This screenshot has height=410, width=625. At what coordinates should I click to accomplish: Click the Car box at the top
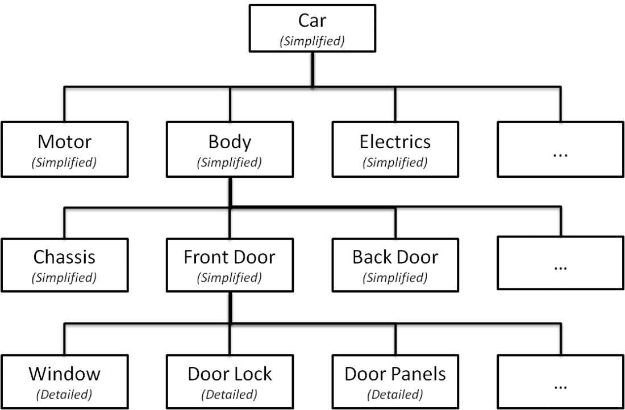tap(312, 28)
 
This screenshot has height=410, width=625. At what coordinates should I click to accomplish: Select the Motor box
tap(64, 149)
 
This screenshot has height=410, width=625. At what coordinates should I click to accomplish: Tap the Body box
tap(230, 149)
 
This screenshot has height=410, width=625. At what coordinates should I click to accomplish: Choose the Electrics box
tap(395, 149)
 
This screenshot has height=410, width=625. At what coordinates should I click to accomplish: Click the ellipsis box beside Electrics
tap(560, 149)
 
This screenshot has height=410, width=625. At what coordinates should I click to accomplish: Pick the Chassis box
tap(64, 265)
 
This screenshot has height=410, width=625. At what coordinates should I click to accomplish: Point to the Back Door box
tap(395, 265)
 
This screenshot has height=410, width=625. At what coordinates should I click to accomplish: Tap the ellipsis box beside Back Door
tap(560, 265)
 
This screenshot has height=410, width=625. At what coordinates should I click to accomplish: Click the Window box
tap(64, 380)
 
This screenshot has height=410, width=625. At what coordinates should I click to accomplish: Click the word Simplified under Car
tap(312, 41)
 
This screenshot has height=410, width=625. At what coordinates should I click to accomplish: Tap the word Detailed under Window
tap(64, 394)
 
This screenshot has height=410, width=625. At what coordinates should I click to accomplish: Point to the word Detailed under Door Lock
tap(230, 394)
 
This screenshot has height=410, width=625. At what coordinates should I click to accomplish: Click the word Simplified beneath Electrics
tap(395, 162)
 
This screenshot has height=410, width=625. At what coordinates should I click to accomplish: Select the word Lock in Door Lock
tap(251, 374)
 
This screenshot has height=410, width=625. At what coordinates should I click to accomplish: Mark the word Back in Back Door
tap(372, 257)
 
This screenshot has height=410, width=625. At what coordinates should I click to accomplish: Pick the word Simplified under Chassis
tap(64, 278)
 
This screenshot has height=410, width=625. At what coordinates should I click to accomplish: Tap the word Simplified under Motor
tap(64, 162)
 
